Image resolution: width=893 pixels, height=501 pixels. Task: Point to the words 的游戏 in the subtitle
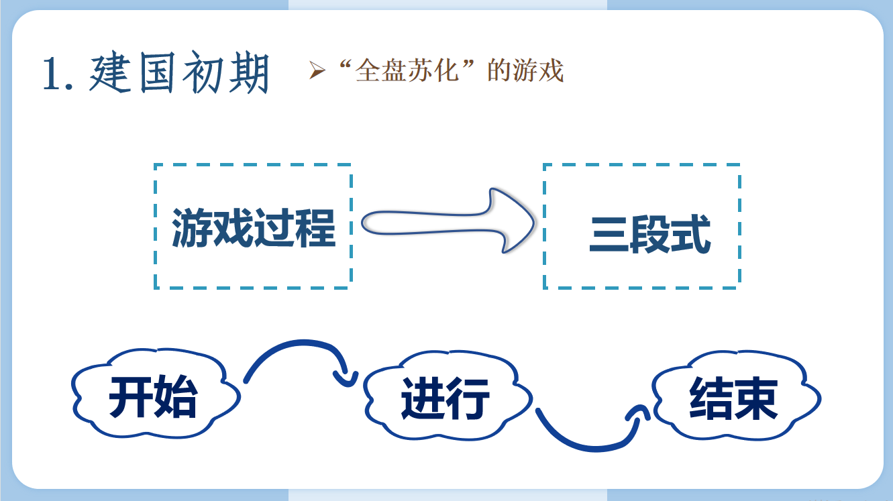coord(525,70)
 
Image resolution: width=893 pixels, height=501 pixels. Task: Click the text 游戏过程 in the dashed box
coord(253,228)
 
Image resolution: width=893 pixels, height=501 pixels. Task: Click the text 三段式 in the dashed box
coord(649,234)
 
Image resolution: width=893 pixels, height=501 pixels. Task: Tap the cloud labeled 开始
coord(154,396)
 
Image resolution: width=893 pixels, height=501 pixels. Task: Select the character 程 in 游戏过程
coord(315,228)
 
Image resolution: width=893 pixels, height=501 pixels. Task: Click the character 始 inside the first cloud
coord(176,397)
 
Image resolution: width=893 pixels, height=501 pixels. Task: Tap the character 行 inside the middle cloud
coord(469,397)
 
